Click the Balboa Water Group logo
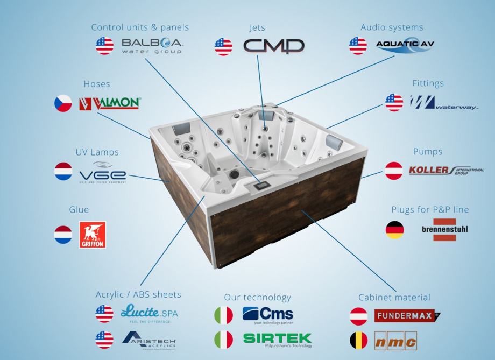(x=152, y=46)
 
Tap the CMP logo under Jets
(x=273, y=46)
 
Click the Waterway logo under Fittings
(x=443, y=102)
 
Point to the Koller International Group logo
(x=446, y=171)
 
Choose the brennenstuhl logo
(x=444, y=230)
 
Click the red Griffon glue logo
(x=92, y=235)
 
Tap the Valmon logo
(x=109, y=103)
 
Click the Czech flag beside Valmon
(x=63, y=103)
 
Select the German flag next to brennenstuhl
(x=394, y=230)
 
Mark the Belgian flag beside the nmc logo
(x=359, y=340)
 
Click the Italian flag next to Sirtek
(x=224, y=340)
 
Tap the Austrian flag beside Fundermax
(x=359, y=315)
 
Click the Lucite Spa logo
(x=148, y=313)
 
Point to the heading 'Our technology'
(x=257, y=297)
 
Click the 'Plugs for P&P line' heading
(x=430, y=209)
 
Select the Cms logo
(x=267, y=315)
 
